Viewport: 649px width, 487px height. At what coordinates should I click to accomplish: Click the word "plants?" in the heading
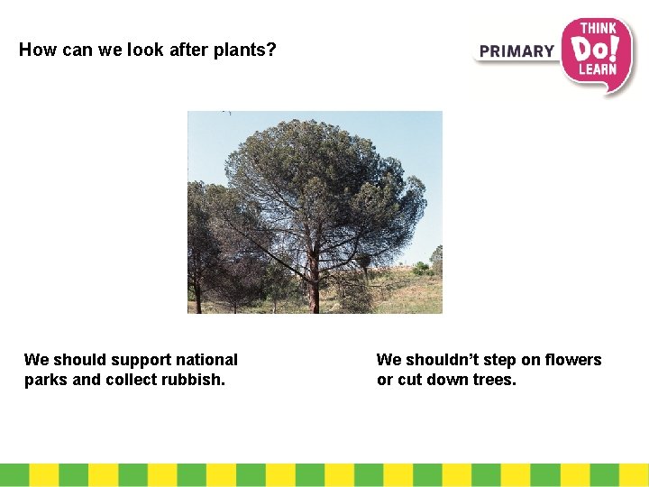pos(245,51)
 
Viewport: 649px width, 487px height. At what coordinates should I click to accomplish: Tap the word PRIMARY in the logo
pos(516,51)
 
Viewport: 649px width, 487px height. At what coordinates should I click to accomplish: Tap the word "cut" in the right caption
pos(410,380)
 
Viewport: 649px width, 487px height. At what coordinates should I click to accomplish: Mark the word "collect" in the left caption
pos(132,380)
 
